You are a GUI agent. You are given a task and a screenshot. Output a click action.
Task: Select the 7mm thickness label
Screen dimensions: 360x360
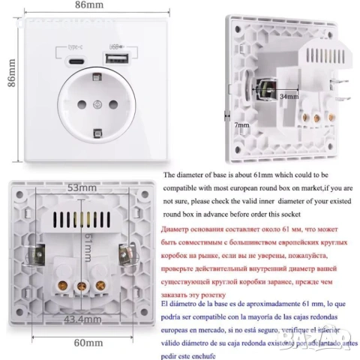click(241, 124)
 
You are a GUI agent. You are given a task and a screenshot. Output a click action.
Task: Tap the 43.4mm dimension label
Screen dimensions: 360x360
click(79, 320)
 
